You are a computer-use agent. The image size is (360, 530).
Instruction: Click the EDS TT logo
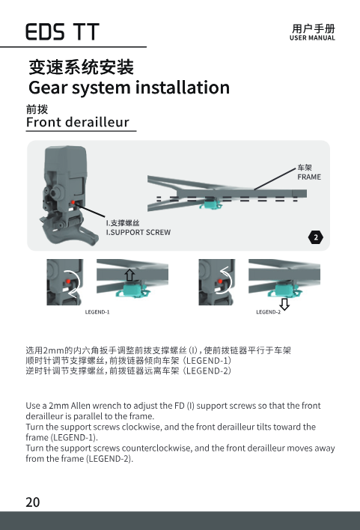click(63, 32)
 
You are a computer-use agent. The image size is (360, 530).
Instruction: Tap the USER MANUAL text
click(312, 38)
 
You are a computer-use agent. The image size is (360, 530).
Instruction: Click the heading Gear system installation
click(129, 88)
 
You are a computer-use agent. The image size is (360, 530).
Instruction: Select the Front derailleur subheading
click(78, 122)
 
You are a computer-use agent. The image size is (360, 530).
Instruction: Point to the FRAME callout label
click(309, 177)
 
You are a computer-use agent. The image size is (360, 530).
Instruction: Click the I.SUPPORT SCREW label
click(138, 232)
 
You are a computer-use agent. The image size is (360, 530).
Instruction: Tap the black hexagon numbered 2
click(316, 237)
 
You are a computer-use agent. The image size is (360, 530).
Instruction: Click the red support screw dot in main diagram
click(73, 202)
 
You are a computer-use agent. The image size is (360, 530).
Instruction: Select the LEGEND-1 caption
click(97, 312)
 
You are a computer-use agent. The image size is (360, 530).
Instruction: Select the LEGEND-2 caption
click(269, 312)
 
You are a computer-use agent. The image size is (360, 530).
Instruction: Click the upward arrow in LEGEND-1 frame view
click(129, 275)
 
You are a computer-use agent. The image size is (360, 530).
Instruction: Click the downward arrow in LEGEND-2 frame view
click(284, 304)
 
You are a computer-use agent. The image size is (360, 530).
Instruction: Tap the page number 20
click(33, 502)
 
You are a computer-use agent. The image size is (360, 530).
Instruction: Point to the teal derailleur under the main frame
click(210, 204)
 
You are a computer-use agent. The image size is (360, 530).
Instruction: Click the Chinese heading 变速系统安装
click(82, 67)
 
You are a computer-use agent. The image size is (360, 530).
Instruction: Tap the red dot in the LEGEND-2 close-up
click(220, 281)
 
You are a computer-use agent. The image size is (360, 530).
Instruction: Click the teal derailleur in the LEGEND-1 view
click(132, 290)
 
